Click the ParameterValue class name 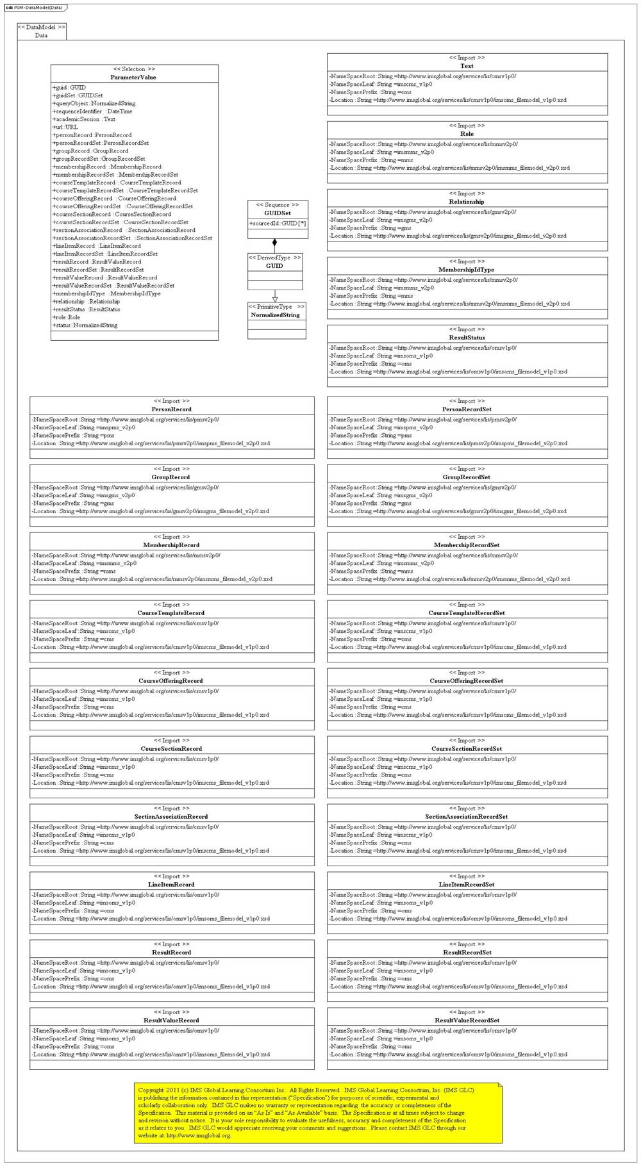click(x=133, y=78)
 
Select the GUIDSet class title click(x=278, y=213)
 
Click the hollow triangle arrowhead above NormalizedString click(x=275, y=299)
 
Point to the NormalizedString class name click(x=276, y=315)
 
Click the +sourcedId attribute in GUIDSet click(x=278, y=224)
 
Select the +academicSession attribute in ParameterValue click(x=84, y=119)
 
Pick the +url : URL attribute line click(x=65, y=127)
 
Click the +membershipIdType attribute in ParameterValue click(x=106, y=293)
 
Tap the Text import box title click(x=467, y=66)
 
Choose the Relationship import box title click(x=467, y=202)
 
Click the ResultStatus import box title click(x=467, y=338)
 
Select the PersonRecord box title click(x=171, y=409)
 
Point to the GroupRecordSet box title click(x=467, y=477)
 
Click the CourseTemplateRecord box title click(x=171, y=613)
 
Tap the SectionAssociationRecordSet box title click(x=467, y=817)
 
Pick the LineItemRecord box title click(x=171, y=885)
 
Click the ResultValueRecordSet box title click(x=467, y=1021)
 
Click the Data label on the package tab click(x=41, y=36)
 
